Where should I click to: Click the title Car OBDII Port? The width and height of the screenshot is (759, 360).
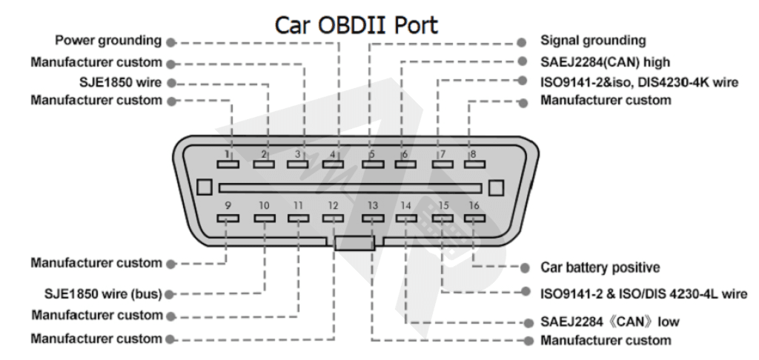[357, 24]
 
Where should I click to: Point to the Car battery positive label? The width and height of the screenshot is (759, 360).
[600, 267]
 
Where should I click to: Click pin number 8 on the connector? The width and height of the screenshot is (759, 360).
[472, 154]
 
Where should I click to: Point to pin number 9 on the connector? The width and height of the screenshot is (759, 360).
[228, 205]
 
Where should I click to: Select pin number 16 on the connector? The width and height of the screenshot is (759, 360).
[473, 205]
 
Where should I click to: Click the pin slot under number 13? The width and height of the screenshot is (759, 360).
[372, 219]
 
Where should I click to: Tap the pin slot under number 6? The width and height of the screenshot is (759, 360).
[405, 164]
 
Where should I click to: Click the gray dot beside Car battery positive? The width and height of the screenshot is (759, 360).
[525, 267]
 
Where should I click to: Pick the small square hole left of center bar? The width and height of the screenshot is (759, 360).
[204, 188]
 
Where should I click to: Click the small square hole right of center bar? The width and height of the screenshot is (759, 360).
[497, 188]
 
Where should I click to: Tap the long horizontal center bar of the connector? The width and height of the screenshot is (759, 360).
[350, 188]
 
